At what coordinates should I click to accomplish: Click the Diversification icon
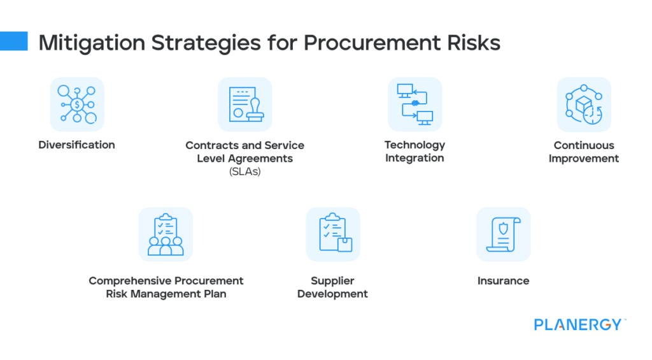click(x=76, y=104)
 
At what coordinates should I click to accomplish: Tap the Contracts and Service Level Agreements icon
click(x=244, y=104)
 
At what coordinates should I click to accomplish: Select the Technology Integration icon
click(x=415, y=104)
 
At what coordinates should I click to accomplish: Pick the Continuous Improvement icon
click(x=583, y=104)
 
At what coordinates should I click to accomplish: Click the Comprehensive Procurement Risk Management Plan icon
click(x=166, y=234)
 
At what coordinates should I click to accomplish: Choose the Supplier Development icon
click(x=332, y=234)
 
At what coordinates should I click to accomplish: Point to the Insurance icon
click(x=503, y=234)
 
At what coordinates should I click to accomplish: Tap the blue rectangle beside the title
click(x=14, y=41)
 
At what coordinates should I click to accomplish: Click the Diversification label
click(x=76, y=145)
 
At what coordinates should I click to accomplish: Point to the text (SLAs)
click(x=244, y=171)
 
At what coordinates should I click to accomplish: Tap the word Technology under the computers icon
click(x=415, y=145)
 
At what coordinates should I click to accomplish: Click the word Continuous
click(x=583, y=145)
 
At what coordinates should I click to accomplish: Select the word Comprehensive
click(x=131, y=280)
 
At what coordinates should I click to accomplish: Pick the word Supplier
click(x=332, y=280)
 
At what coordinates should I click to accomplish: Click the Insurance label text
click(x=503, y=280)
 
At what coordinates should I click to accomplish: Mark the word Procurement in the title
click(x=362, y=43)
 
